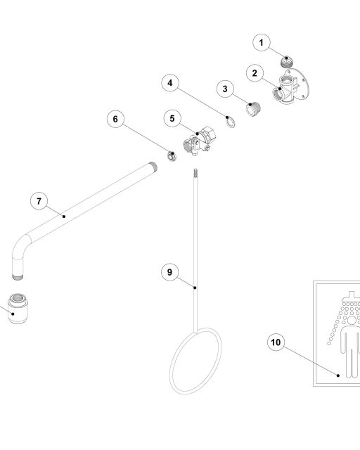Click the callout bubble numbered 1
pos(262,42)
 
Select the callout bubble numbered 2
pos(255,73)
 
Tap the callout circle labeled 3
pos(225,89)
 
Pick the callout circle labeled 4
pos(170,83)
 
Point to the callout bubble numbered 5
pos(172,118)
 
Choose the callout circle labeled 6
pos(115,119)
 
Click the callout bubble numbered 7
pos(39,201)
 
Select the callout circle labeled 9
pos(169,272)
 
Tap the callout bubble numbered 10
pos(276,342)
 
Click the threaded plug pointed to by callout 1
pos(286,62)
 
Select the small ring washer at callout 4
pos(231,122)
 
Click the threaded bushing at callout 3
pos(254,109)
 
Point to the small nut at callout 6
pos(172,156)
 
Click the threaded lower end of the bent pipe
pos(18,277)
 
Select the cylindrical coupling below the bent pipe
pos(18,309)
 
